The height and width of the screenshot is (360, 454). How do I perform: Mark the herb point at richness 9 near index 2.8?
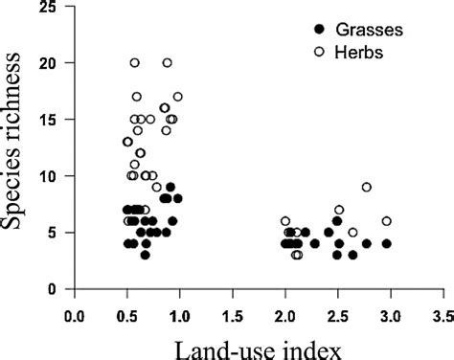tap(366, 187)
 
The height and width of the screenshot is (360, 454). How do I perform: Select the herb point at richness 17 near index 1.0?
tap(177, 97)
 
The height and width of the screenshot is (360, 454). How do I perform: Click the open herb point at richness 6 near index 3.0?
tap(387, 221)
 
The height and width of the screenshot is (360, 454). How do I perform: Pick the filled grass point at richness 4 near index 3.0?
tap(387, 243)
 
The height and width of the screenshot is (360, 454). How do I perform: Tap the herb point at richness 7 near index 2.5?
tap(338, 210)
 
